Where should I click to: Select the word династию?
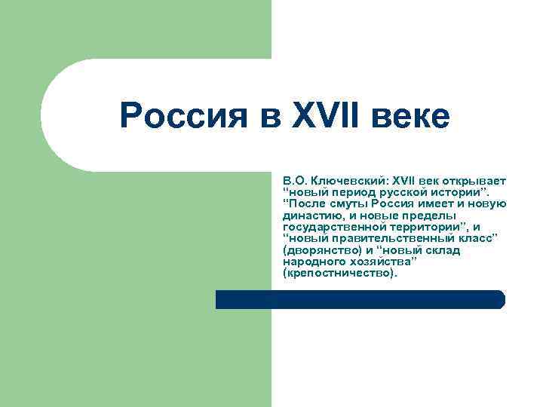click(311, 215)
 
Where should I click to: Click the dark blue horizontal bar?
click(360, 299)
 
